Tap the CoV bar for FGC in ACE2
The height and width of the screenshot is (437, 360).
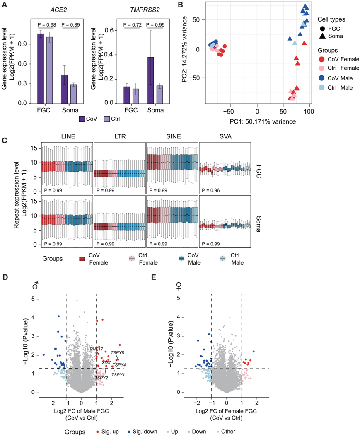[x=41, y=68]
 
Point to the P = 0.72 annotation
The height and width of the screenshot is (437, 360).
[x=133, y=25]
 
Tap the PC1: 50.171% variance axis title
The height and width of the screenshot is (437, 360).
[x=257, y=122]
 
